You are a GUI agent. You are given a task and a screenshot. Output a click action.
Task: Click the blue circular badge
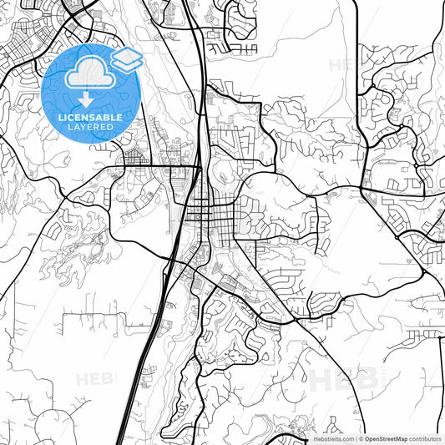[x=90, y=93]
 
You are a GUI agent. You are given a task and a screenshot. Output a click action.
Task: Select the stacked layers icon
[x=126, y=58]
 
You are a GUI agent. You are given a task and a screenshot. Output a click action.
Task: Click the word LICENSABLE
[x=89, y=118]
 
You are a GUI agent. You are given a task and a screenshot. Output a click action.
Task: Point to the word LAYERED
[x=89, y=129]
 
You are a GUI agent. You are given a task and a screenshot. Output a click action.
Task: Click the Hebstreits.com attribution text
[x=330, y=437]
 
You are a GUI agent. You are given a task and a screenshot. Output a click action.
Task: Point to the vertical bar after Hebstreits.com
[x=357, y=437]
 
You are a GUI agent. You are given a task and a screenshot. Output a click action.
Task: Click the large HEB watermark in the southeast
[x=342, y=380]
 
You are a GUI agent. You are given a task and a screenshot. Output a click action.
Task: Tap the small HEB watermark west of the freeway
[x=94, y=380]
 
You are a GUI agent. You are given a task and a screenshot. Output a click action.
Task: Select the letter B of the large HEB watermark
[x=365, y=380]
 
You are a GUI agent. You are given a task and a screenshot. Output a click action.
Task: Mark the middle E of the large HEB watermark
[x=344, y=380]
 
